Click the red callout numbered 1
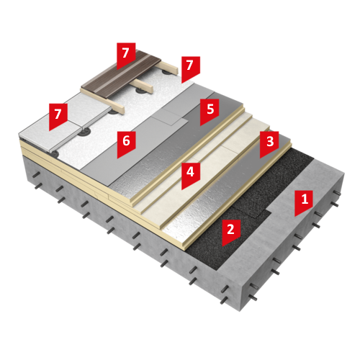(304, 202)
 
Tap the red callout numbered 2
(231, 231)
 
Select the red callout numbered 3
(269, 143)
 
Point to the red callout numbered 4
(191, 174)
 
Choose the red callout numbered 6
(126, 143)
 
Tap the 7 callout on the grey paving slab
(58, 115)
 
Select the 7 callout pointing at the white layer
(191, 68)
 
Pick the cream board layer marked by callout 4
(204, 168)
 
